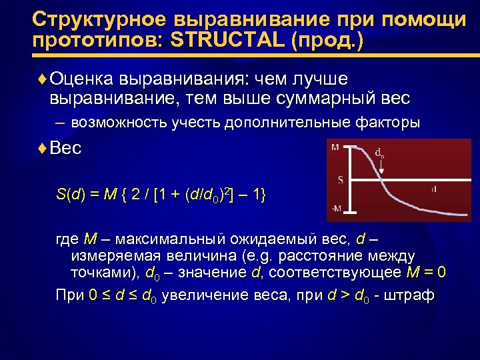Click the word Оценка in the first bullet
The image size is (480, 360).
(83, 80)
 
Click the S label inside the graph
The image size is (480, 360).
(340, 179)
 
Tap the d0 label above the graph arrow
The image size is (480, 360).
(379, 153)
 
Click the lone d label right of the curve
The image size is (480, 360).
(435, 189)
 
